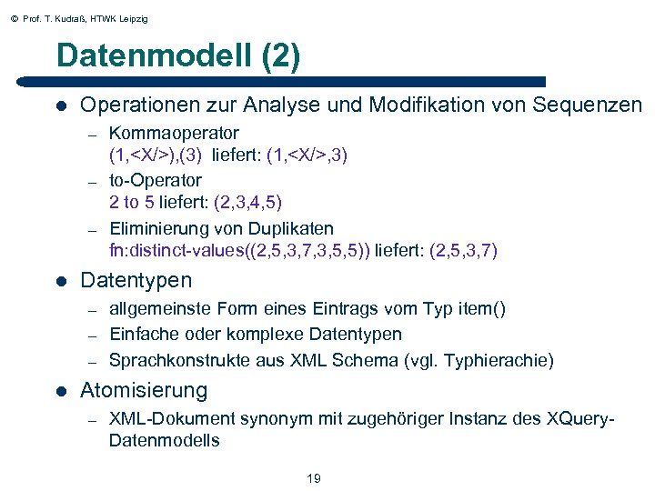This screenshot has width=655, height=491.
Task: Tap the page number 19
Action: pos(314,478)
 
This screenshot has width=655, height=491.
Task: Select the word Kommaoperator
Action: pos(174,133)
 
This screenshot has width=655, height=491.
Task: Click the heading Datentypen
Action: pos(136,280)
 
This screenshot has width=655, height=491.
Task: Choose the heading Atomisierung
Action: pos(144,391)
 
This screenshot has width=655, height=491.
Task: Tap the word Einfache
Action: pos(142,334)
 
